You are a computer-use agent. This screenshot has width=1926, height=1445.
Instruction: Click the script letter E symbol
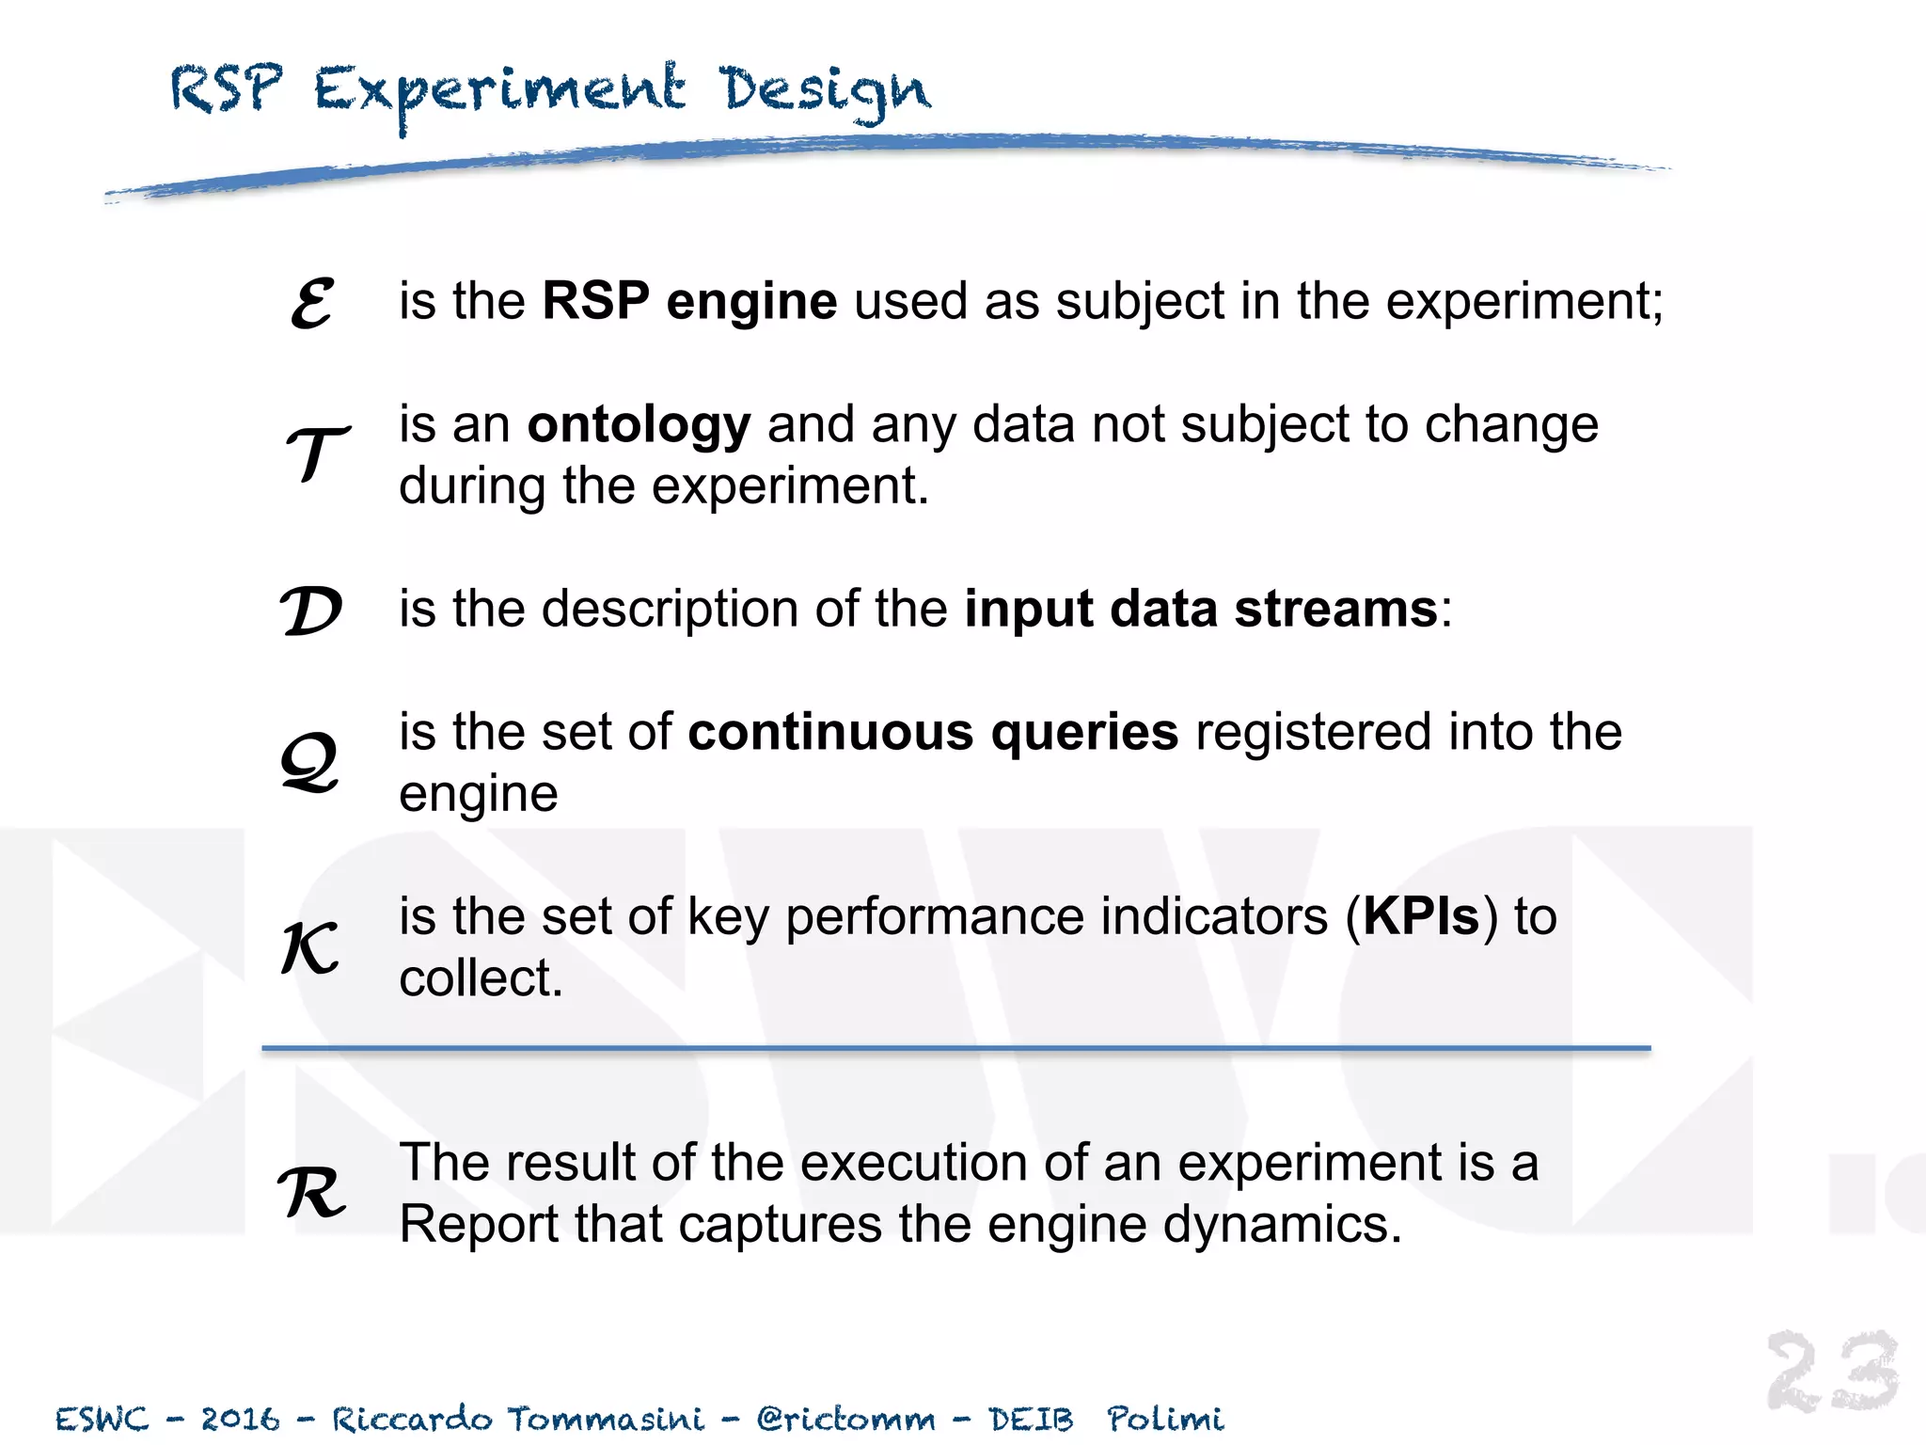coord(312,303)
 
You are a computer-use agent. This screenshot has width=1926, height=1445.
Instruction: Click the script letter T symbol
coord(316,453)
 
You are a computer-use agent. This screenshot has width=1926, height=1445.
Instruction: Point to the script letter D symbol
coord(311,611)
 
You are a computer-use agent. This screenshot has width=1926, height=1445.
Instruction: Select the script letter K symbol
coord(310,947)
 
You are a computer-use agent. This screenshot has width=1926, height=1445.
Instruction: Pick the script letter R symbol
coord(312,1193)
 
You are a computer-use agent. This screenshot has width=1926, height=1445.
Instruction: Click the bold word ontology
coord(639,424)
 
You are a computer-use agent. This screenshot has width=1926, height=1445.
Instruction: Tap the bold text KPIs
coord(1421,916)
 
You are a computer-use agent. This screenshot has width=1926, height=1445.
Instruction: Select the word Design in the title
coord(825,92)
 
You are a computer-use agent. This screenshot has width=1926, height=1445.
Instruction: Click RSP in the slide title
coord(226,89)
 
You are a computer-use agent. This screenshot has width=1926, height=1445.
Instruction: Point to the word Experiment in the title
coord(499,92)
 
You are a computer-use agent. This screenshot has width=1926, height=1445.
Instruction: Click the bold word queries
coord(1083,732)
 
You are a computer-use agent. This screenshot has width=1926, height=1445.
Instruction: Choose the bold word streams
coord(1336,609)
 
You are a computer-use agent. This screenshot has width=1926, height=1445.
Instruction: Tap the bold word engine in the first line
coord(751,301)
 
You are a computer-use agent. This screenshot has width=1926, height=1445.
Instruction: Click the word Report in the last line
coord(479,1225)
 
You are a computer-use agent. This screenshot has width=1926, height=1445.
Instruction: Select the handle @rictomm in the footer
coord(845,1419)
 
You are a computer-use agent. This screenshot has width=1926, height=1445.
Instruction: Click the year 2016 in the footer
coord(241,1419)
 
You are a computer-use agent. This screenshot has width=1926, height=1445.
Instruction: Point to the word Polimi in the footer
coord(1165,1419)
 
